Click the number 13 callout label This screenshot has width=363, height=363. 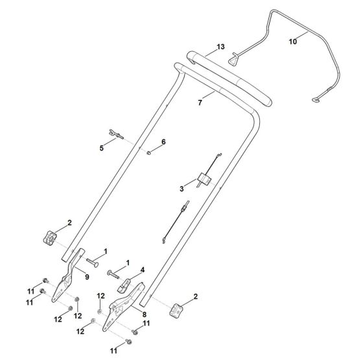pyautogui.click(x=221, y=47)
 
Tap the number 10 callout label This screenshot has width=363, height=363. pyautogui.click(x=292, y=41)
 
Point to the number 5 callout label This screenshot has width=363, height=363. pyautogui.click(x=102, y=148)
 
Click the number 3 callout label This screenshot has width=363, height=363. pyautogui.click(x=182, y=189)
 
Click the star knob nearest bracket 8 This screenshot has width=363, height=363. pyautogui.click(x=177, y=310)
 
